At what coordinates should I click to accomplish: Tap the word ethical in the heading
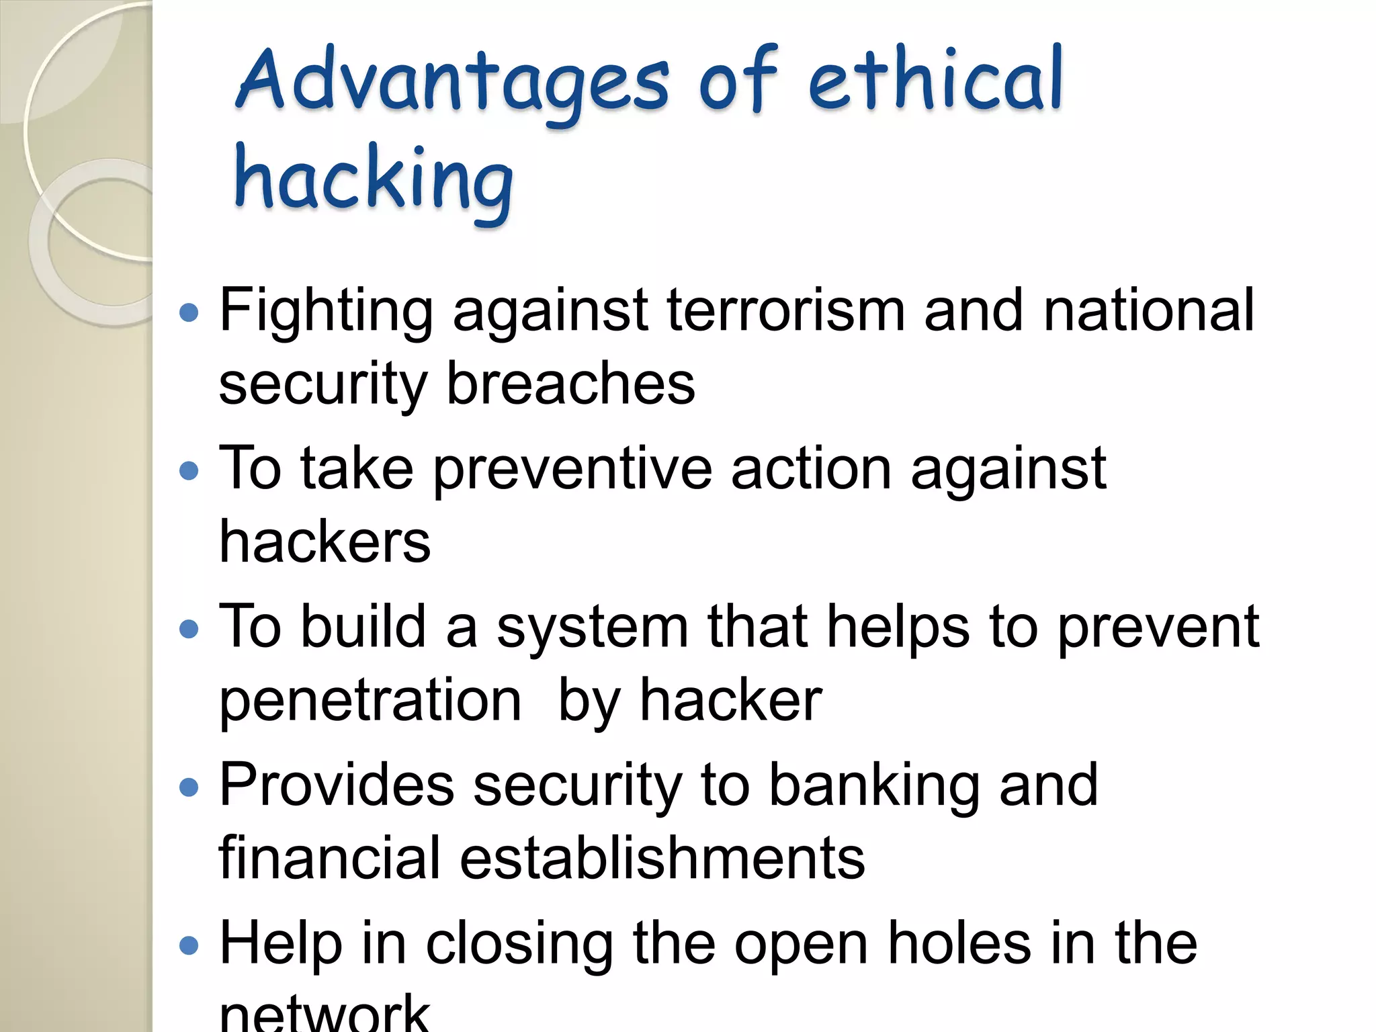tap(935, 79)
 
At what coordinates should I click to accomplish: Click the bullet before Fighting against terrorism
tap(190, 312)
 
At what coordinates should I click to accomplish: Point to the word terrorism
tap(786, 310)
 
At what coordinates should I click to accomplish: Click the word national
tap(1149, 310)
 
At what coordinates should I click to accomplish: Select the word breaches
tap(571, 384)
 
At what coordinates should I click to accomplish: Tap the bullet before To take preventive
tap(190, 471)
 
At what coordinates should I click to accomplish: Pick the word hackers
tap(325, 542)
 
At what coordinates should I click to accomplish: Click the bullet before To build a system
tap(190, 629)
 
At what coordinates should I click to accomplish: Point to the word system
tap(593, 629)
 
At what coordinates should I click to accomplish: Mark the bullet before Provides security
tap(190, 787)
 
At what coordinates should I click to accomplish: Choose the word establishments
tap(662, 858)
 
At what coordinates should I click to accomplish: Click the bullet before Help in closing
tap(190, 946)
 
